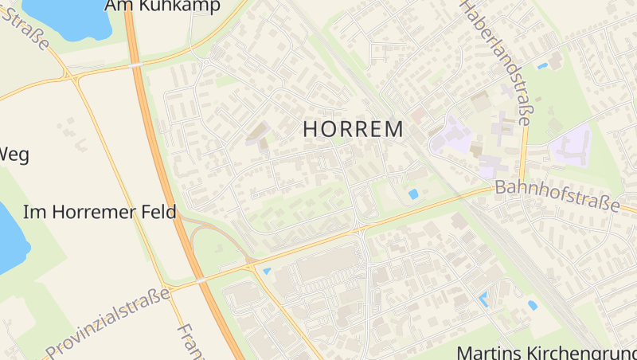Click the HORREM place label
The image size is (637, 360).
(353, 129)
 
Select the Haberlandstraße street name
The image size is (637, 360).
(495, 63)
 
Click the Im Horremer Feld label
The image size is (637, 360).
(100, 213)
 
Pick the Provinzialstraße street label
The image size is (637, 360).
(108, 323)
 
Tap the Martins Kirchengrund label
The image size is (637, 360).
(546, 352)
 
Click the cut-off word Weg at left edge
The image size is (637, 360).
(14, 154)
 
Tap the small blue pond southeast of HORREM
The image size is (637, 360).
(412, 194)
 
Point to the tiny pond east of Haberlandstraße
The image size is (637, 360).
(542, 65)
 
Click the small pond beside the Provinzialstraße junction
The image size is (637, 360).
(266, 272)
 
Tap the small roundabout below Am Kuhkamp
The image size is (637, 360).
(205, 61)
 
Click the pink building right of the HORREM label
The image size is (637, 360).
(419, 116)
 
